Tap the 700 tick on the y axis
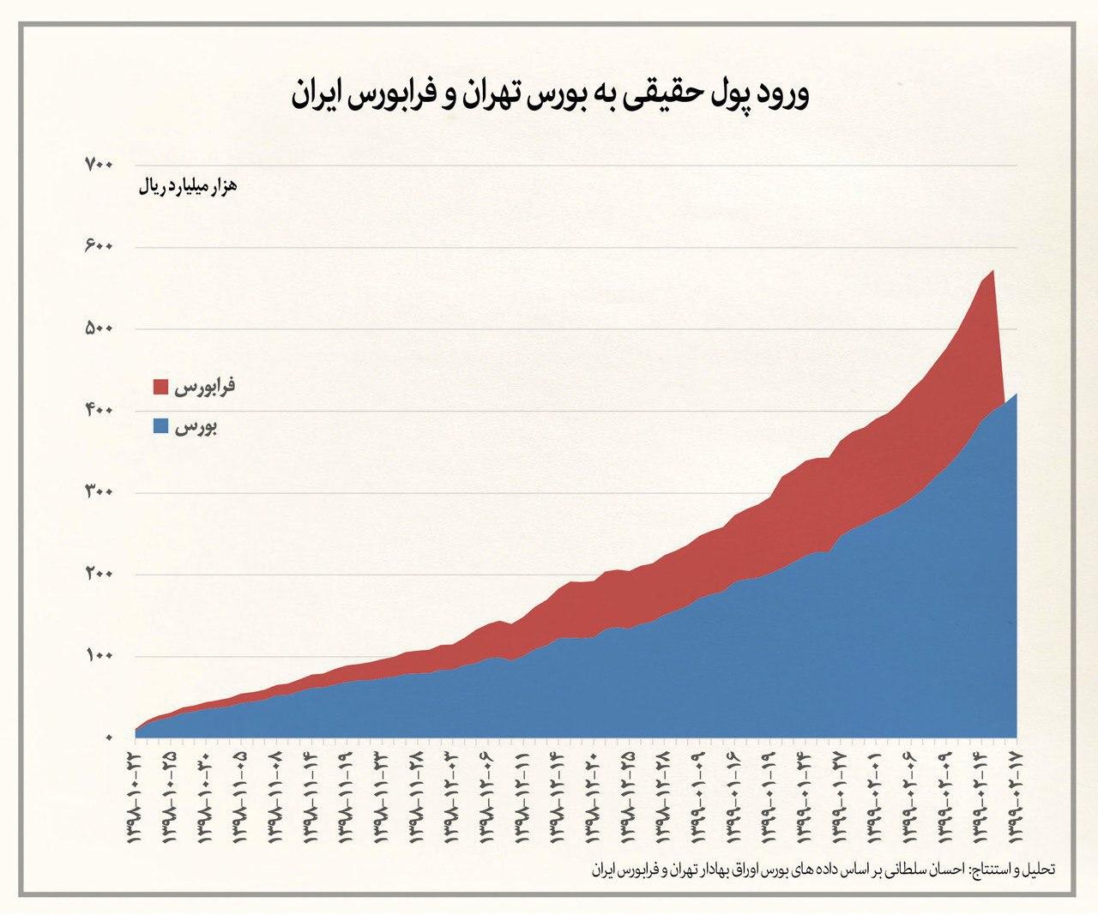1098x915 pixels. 99,164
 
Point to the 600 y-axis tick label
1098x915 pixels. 99,246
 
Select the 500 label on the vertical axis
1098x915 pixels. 99,328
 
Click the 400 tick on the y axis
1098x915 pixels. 99,411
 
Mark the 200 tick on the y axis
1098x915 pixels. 99,575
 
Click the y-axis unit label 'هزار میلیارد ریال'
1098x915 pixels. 187,186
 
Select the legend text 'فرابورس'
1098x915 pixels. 205,387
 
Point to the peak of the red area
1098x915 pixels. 992,272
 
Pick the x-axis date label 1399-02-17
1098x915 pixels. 1017,798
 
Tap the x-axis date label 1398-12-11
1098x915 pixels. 522,798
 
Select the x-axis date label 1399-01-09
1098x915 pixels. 699,798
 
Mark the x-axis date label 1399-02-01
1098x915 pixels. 875,798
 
